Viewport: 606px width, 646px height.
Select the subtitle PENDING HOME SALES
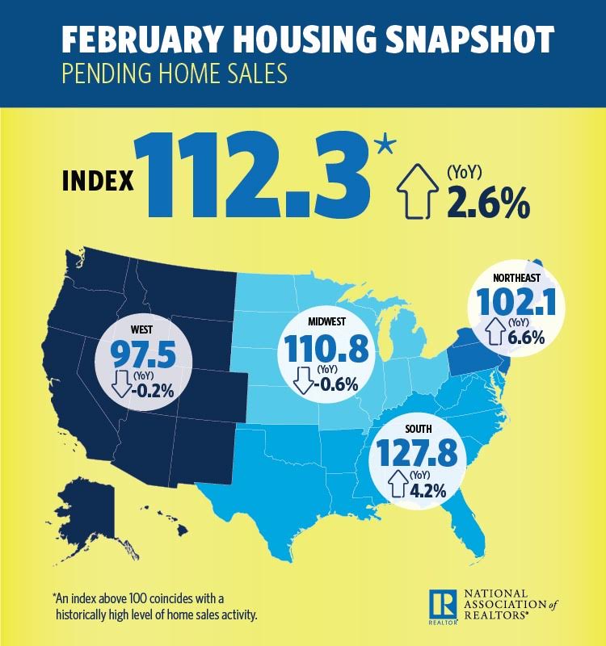point(175,76)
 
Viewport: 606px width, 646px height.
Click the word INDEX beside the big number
point(98,180)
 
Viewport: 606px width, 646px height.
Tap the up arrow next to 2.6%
point(417,195)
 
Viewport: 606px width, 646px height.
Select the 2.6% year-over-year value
point(487,204)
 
